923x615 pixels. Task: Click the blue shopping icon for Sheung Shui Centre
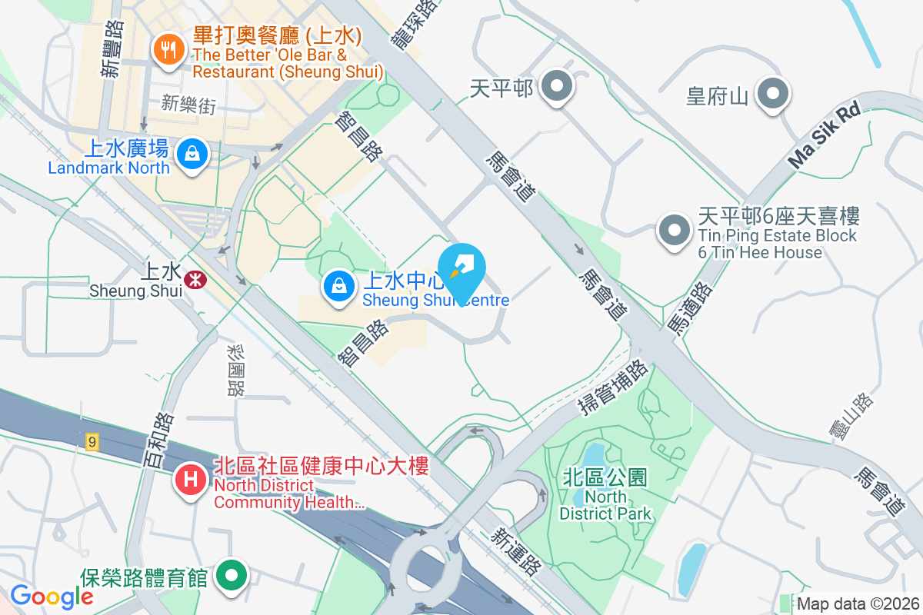pyautogui.click(x=338, y=286)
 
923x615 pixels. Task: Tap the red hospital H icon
pyautogui.click(x=190, y=481)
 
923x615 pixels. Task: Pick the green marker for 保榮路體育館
pyautogui.click(x=232, y=575)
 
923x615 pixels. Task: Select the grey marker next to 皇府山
pyautogui.click(x=772, y=95)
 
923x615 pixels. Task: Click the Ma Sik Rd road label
pyautogui.click(x=823, y=135)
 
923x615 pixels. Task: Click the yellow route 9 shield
pyautogui.click(x=93, y=441)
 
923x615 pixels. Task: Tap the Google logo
pyautogui.click(x=52, y=597)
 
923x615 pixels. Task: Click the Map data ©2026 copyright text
pyautogui.click(x=858, y=604)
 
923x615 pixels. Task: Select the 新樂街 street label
pyautogui.click(x=188, y=105)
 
